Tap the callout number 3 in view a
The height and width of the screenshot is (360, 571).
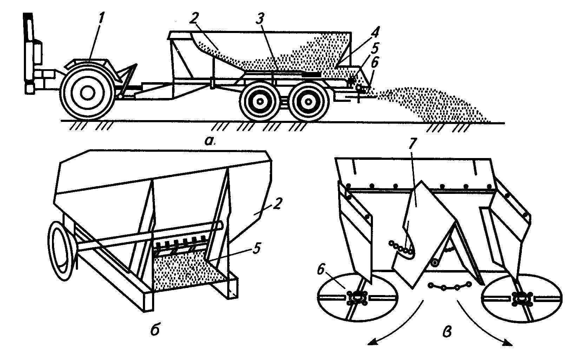tap(260, 20)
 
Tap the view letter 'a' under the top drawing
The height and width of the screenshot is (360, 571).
tap(210, 140)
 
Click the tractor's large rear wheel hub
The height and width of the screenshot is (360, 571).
tap(86, 93)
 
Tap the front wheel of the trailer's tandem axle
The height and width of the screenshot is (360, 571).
tap(260, 101)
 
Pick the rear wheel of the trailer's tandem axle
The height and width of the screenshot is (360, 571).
tap(308, 101)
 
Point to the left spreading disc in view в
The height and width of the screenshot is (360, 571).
tap(357, 297)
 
